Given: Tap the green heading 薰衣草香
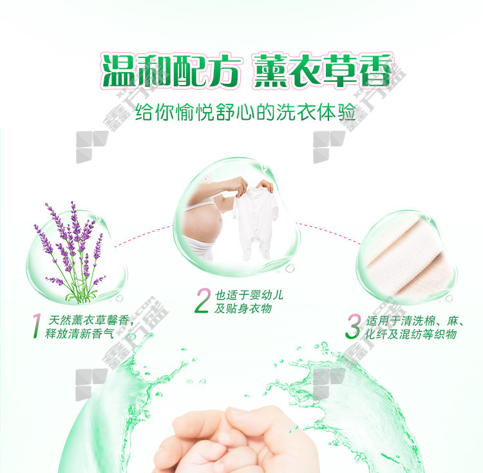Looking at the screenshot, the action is coord(323,71).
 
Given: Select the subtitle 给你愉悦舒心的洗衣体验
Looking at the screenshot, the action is coord(245,112).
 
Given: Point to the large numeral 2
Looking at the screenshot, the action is coord(203,300).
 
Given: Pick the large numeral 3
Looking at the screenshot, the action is coord(353,326).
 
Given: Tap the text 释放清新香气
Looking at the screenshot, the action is coord(79,334).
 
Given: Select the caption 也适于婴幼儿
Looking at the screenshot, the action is coord(249,295).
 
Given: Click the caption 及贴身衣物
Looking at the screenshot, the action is coord(243,309).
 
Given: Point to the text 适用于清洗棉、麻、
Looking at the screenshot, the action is coord(415,321).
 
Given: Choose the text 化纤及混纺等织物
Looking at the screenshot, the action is coord(411,334).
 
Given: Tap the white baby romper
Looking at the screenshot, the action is coord(256,222).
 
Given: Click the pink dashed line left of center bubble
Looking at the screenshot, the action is coord(144,236).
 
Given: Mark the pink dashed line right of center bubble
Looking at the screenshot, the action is coord(328,233).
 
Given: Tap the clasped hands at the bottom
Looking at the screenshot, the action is coord(236,441).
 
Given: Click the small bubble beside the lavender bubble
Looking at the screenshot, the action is coord(119,298).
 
